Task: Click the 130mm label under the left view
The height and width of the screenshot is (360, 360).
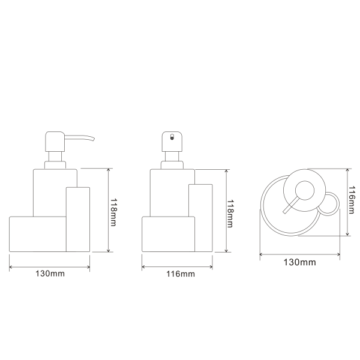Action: click(x=50, y=274)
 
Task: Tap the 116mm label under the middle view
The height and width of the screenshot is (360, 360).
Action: click(x=181, y=274)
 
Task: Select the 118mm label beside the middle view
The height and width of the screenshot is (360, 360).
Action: click(x=230, y=214)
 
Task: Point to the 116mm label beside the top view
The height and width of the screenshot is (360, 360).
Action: click(x=352, y=200)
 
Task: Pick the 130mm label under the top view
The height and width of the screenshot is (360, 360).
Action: click(x=300, y=262)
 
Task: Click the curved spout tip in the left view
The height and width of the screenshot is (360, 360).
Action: click(x=93, y=139)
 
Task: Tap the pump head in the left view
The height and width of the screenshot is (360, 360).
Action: click(x=55, y=142)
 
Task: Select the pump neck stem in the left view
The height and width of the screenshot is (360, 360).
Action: click(x=55, y=157)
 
